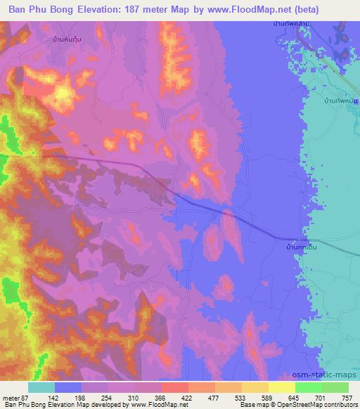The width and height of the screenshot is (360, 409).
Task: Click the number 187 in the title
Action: pyautogui.click(x=143, y=10)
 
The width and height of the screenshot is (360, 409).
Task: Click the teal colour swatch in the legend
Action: pyautogui.click(x=41, y=387)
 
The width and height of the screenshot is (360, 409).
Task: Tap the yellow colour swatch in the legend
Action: pyautogui.click(x=282, y=387)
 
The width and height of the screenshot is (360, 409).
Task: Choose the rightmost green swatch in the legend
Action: pyautogui.click(x=335, y=387)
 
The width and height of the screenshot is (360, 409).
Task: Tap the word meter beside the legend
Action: pyautogui.click(x=11, y=398)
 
